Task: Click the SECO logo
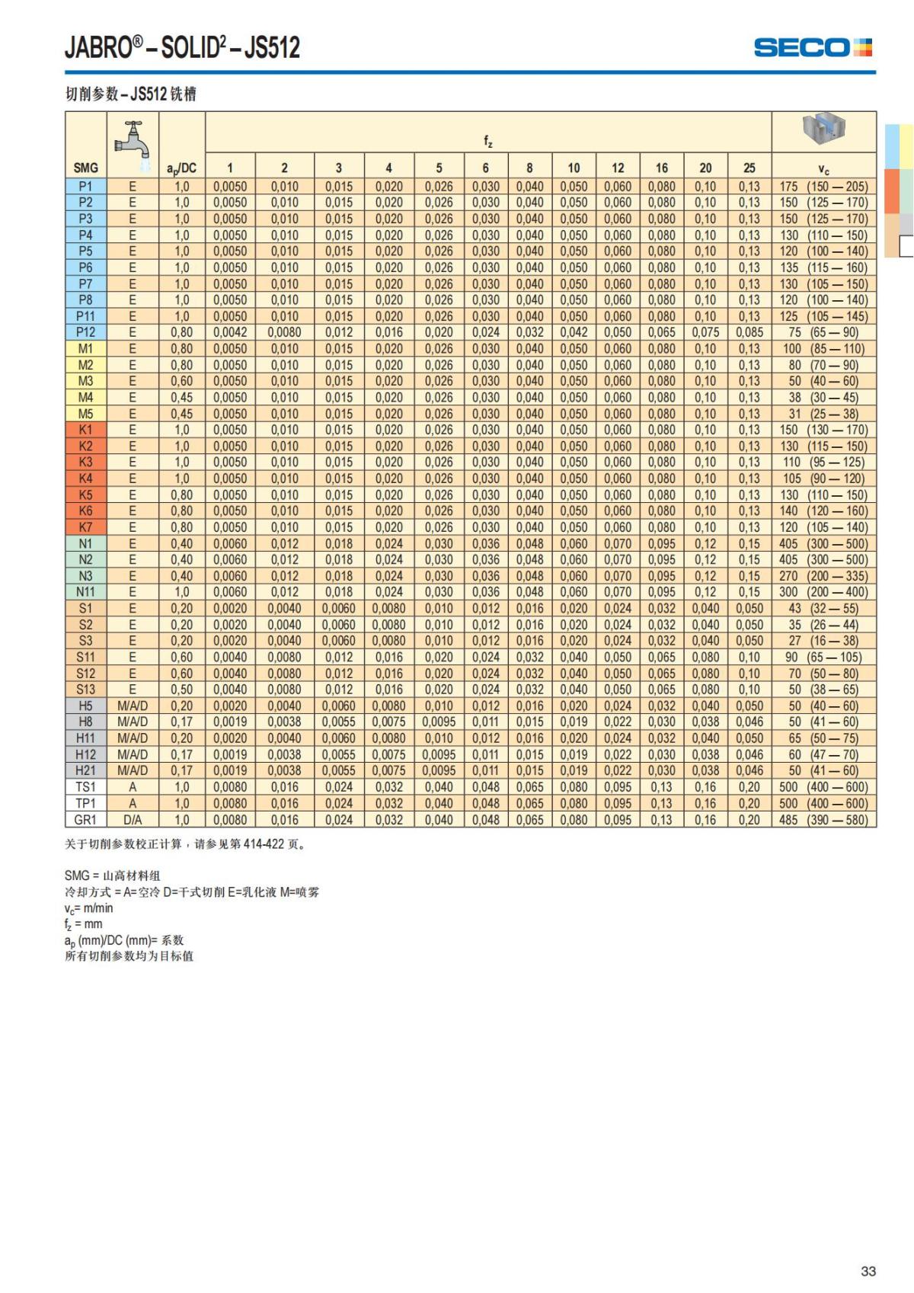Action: (x=813, y=47)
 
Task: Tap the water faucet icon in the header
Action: (x=132, y=140)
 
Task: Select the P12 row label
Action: (x=85, y=332)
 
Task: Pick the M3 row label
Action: (x=85, y=381)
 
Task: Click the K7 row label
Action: (x=85, y=527)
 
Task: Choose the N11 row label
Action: (x=85, y=592)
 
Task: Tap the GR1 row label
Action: (x=85, y=820)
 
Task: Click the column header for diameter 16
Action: (x=661, y=168)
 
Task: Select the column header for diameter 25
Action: (x=749, y=168)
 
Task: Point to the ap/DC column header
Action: (x=181, y=168)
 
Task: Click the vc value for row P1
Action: (x=823, y=187)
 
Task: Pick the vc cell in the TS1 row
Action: (x=823, y=787)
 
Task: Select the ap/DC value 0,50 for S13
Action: (x=181, y=690)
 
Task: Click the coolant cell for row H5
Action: (x=132, y=706)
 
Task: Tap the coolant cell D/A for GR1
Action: (x=132, y=820)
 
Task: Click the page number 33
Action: (x=868, y=1271)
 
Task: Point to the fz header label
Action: (x=488, y=142)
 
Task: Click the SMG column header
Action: (x=85, y=168)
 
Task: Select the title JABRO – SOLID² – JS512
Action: (x=182, y=47)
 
